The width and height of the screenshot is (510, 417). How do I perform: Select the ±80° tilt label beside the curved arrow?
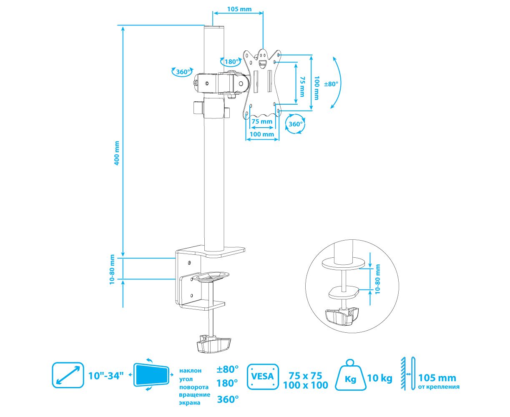click(x=331, y=83)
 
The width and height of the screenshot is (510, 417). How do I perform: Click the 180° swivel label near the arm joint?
click(x=231, y=62)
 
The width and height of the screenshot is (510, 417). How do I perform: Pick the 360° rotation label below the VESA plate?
click(x=296, y=124)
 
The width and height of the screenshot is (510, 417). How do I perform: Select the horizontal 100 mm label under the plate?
click(x=261, y=134)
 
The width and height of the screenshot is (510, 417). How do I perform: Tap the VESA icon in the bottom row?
click(x=263, y=376)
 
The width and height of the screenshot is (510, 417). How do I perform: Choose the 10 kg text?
click(x=380, y=378)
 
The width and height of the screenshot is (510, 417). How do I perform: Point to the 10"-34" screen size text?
click(x=106, y=375)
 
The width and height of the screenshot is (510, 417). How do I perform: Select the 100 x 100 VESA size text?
click(x=305, y=385)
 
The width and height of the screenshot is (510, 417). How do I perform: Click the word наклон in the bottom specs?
click(x=191, y=370)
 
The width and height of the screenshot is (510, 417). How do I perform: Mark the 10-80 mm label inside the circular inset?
click(x=378, y=279)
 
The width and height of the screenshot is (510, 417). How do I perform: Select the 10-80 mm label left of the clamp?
click(x=112, y=269)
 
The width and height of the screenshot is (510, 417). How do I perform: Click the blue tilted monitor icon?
click(x=151, y=374)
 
